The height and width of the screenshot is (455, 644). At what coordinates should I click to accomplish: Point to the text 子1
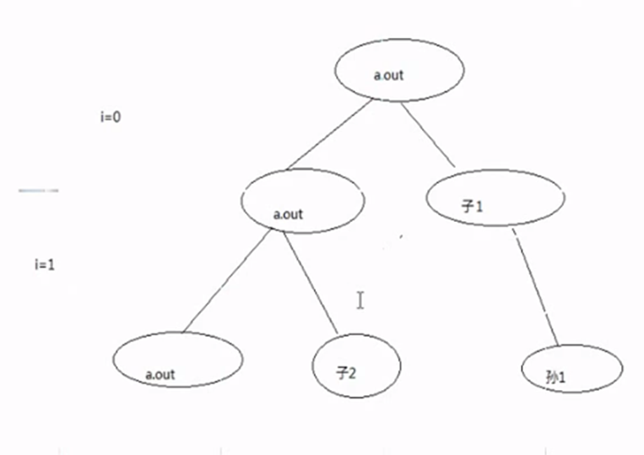(x=473, y=205)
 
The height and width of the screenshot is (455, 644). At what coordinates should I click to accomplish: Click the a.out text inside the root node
(x=388, y=75)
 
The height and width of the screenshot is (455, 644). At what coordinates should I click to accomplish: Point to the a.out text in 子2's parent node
(x=288, y=214)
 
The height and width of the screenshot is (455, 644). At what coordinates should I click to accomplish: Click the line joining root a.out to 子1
(x=427, y=133)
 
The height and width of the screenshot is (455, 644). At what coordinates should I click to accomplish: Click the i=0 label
(x=111, y=117)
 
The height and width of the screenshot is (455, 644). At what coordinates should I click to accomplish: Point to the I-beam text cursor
(x=360, y=300)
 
